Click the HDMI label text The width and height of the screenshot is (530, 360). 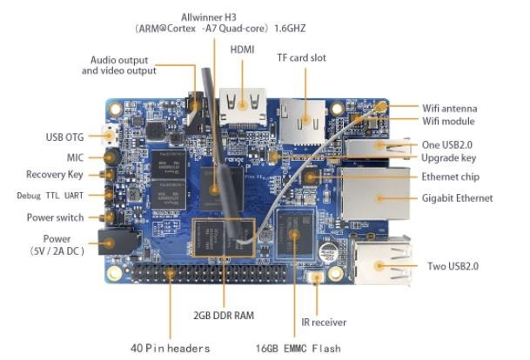point(242,50)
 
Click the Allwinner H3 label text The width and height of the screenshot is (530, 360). point(211,18)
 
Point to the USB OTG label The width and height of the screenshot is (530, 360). point(64,137)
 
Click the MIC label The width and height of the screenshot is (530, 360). point(75,157)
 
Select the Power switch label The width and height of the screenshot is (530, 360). point(57,217)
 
